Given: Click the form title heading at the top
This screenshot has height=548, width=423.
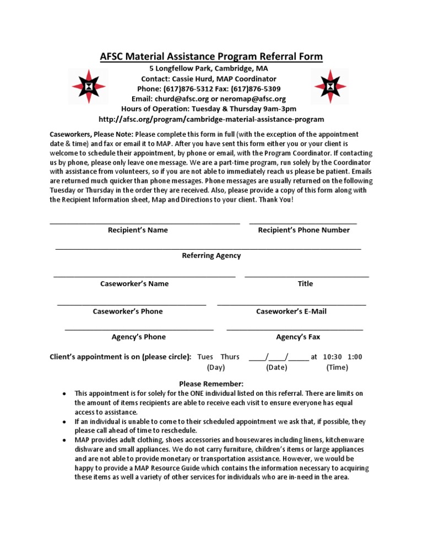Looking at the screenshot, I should [211, 56].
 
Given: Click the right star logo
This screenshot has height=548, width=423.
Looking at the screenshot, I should [330, 87].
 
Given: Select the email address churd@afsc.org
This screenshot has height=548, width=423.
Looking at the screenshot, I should [177, 99].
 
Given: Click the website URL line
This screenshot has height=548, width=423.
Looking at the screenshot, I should [211, 119].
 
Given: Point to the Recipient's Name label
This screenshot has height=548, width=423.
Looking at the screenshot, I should [138, 230].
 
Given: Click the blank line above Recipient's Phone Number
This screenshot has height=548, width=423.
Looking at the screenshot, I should [303, 223].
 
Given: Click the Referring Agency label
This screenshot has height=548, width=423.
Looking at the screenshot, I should [211, 256].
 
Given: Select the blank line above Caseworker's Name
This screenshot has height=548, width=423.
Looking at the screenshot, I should [144, 276].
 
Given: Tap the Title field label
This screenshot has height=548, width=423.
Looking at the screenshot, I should [305, 283].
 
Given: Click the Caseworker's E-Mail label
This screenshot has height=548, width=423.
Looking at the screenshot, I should [291, 311].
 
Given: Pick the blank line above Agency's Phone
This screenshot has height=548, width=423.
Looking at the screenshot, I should [139, 329].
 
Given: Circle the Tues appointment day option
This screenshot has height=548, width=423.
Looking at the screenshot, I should [205, 357].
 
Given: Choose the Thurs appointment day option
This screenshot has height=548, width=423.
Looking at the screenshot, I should [230, 357].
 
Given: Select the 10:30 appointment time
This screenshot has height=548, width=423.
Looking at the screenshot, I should [333, 357].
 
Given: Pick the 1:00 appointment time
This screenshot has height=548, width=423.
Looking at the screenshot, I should [355, 357].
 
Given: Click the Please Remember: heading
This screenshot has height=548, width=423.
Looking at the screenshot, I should [211, 384].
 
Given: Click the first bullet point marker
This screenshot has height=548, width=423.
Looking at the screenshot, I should [65, 394].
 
